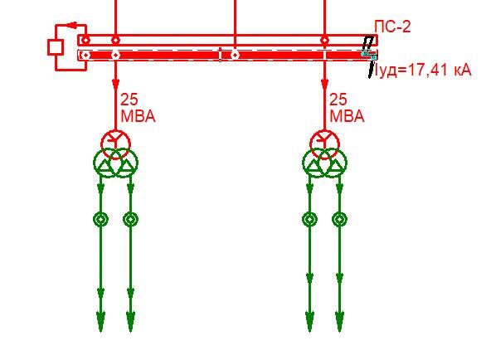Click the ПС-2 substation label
pos(392,27)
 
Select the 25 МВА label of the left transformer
pos(138,108)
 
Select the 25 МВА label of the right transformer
pos(347,108)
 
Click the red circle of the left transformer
pos(115,131)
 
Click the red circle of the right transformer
pos(324,131)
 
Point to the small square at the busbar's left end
pos(56,47)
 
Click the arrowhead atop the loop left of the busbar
pos(72,25)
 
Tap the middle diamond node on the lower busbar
pos(236,56)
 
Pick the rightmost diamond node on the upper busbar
pos(324,41)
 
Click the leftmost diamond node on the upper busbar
pos(85,41)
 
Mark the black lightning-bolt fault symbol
pos(368,56)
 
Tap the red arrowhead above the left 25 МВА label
pos(115,85)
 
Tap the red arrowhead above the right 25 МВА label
pos(324,85)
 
